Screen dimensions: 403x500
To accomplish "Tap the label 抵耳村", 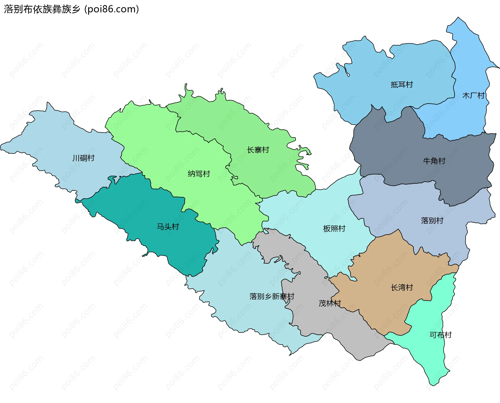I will [x=402, y=85].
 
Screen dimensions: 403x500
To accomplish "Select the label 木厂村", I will [x=473, y=96].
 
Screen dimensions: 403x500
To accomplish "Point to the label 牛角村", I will [x=434, y=161].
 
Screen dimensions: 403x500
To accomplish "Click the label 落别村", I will [x=432, y=221].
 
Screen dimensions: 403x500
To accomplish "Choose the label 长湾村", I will [x=402, y=288].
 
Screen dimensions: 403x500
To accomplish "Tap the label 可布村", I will [x=440, y=335].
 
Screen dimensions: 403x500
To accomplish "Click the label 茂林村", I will [x=330, y=303].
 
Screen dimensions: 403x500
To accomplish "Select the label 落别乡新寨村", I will [x=272, y=297].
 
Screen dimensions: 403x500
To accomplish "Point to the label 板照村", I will [x=334, y=229].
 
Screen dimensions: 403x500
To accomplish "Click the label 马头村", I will [x=168, y=227].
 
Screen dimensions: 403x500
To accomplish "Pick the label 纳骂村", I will [x=199, y=174].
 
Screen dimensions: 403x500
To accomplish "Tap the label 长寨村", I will [x=258, y=150].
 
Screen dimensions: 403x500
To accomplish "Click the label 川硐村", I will [x=83, y=158].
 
